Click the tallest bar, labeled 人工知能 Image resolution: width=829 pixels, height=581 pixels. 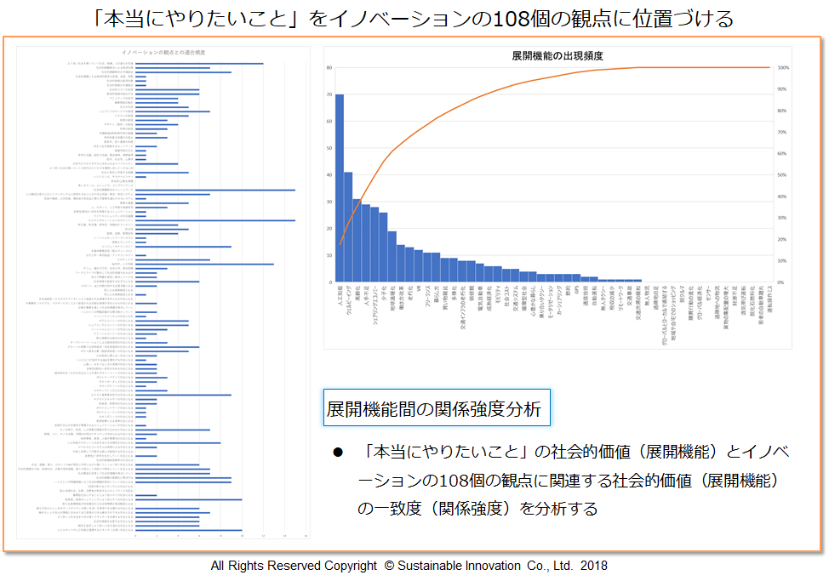(340, 187)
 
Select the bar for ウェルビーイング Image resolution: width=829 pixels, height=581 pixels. (348, 226)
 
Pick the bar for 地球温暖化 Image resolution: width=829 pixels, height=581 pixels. (392, 256)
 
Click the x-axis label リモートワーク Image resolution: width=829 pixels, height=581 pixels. (620, 299)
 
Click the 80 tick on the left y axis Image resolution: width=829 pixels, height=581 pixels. (328, 67)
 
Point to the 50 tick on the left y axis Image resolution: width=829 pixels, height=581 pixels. (328, 148)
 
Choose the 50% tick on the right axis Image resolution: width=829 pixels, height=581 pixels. (782, 174)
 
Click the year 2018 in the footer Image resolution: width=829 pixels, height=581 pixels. (594, 566)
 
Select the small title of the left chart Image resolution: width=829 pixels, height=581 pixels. (162, 53)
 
